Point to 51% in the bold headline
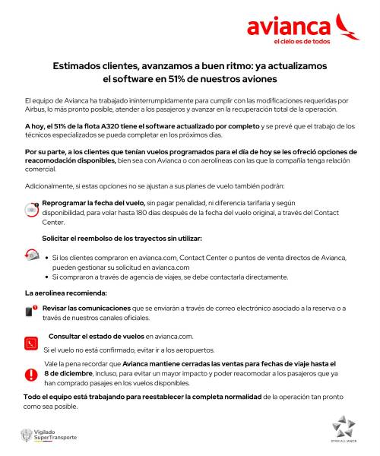tap(194, 78)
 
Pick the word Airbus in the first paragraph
tap(38, 110)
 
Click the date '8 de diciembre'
tap(69, 375)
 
